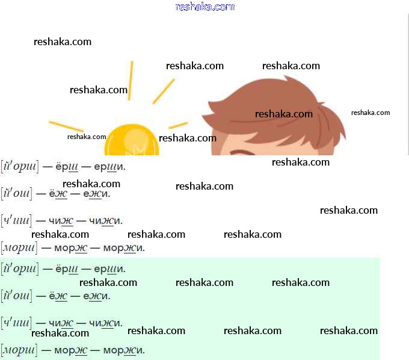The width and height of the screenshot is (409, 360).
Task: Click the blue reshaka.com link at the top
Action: pos(204,7)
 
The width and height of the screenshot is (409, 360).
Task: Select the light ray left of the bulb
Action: pos(66,126)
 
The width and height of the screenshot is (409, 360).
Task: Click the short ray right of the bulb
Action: pos(178,125)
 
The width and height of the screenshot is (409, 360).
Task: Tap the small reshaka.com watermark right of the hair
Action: pos(371,113)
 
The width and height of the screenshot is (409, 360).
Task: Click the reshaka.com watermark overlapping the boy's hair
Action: pos(284,114)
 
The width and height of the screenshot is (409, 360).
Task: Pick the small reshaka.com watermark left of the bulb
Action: pos(87,137)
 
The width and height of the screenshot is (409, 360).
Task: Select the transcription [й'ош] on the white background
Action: pos(16,193)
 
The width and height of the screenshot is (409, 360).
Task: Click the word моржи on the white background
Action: pos(123,248)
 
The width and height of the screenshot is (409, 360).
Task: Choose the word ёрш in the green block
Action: pos(66,268)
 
